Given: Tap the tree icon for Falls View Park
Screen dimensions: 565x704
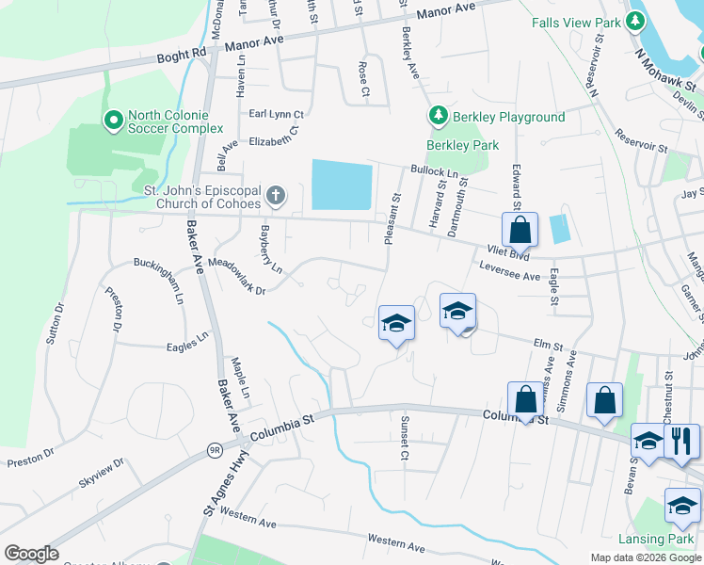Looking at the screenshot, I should click(637, 21).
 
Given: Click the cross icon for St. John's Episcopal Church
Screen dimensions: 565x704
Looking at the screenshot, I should click(275, 195).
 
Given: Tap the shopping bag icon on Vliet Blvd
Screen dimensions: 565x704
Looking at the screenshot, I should click(520, 229).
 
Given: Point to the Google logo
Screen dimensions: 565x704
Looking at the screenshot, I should click(31, 554).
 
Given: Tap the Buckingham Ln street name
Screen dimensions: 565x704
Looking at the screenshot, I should click(157, 280).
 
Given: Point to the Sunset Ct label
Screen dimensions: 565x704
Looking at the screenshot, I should click(404, 436).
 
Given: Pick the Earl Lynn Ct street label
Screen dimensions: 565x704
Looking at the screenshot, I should click(276, 114).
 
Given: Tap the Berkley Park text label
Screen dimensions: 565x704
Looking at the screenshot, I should click(462, 145).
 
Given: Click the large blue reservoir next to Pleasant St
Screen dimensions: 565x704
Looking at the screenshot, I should click(342, 185).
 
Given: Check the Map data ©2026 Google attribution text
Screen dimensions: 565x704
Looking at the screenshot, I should click(645, 557).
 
